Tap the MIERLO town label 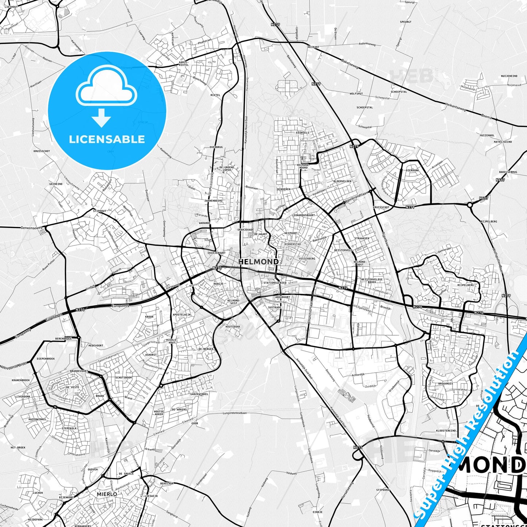107,494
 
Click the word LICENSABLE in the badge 107,139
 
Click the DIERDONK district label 412,170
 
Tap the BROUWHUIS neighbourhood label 445,384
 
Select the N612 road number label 357,447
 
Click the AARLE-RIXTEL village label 183,63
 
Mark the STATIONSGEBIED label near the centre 275,283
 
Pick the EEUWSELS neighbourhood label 303,133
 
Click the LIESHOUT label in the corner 11,7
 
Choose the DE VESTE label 73,387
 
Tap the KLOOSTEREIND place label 446,431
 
